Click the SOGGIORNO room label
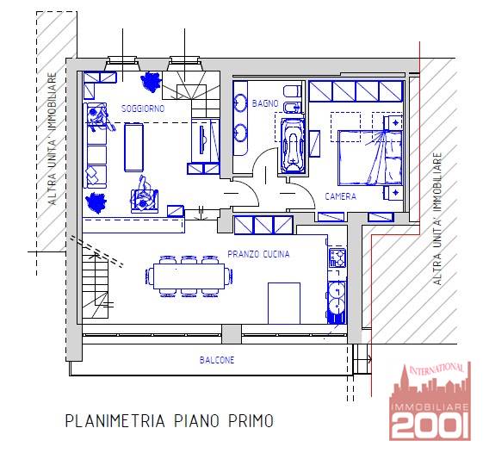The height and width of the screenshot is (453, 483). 143,109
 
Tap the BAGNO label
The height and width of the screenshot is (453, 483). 265,103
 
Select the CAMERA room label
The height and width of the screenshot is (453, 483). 341,196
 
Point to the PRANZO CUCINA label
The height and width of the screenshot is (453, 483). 258,254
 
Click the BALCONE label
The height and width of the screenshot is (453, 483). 217,360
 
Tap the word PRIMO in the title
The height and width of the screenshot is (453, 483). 251,420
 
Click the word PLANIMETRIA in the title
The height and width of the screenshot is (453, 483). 115,420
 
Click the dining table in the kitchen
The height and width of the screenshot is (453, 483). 189,276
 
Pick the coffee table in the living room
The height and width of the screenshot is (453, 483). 133,147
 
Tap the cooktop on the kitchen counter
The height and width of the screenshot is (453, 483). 337,258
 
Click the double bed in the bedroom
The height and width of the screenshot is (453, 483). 370,158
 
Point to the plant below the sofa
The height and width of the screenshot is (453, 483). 96,202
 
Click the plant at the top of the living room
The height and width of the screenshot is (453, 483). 151,81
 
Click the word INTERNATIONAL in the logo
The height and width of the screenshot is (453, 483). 437,369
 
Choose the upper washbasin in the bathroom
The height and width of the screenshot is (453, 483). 240,102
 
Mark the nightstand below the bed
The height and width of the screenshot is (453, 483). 393,193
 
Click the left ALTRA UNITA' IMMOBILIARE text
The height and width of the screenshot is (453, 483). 53,139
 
